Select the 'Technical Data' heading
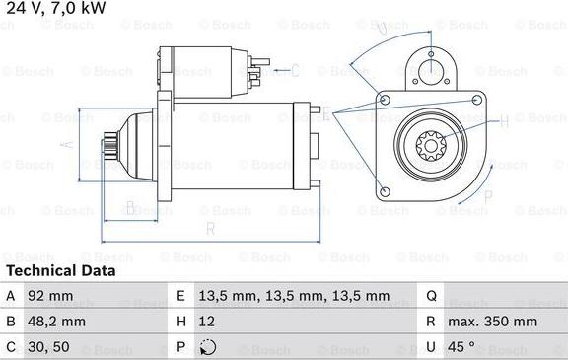tap(60, 270)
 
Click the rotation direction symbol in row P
tap(205, 347)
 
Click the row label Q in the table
tap(431, 296)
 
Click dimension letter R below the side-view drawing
tap(210, 229)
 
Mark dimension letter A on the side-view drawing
tap(66, 144)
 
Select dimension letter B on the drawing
tap(130, 207)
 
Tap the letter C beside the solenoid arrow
tap(295, 70)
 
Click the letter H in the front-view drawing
tap(504, 122)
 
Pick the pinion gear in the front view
tap(432, 150)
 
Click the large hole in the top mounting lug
tap(430, 68)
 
